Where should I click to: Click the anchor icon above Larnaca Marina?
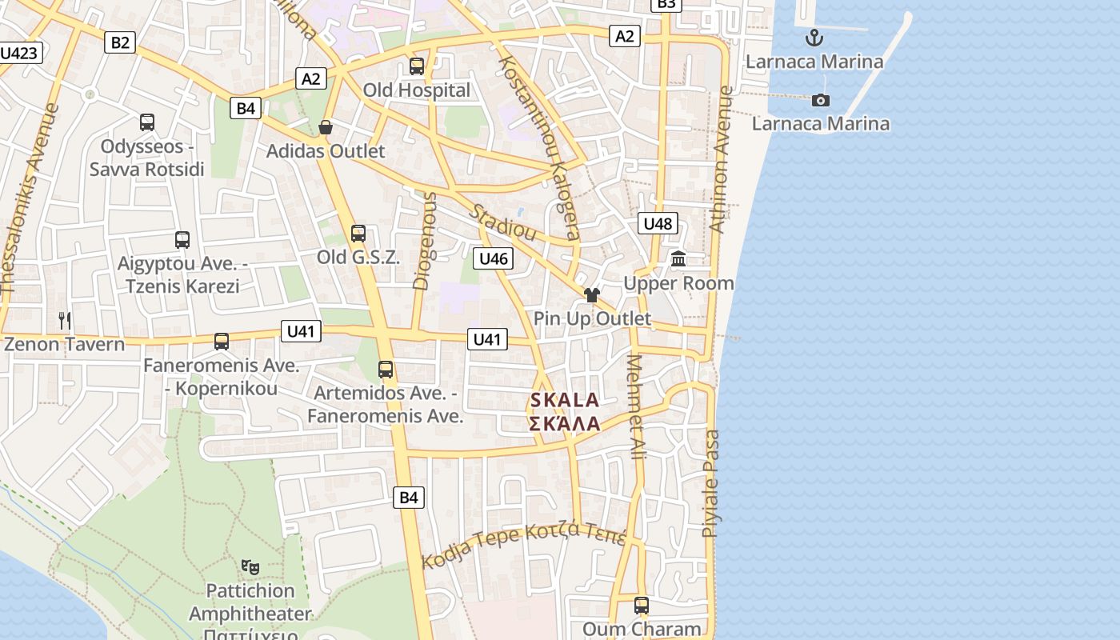[x=814, y=38]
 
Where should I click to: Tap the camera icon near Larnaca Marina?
[x=820, y=100]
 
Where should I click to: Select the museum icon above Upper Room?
[x=678, y=258]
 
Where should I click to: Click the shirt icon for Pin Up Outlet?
[x=592, y=294]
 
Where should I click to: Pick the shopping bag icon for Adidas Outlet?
[x=326, y=127]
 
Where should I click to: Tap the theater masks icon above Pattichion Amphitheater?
[x=250, y=566]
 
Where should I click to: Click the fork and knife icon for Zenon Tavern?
[x=65, y=321]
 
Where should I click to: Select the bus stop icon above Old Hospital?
[x=416, y=66]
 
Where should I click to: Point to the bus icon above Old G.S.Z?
[x=358, y=234]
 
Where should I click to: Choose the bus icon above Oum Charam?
[x=641, y=606]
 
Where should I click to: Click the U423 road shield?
[x=19, y=54]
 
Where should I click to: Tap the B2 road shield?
[x=119, y=42]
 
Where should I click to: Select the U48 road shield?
[x=658, y=223]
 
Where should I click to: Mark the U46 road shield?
[x=493, y=258]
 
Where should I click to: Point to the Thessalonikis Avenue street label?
[x=30, y=200]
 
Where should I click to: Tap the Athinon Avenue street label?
[x=721, y=160]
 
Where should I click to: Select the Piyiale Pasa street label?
[x=710, y=483]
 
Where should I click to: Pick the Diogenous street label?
[x=425, y=240]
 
